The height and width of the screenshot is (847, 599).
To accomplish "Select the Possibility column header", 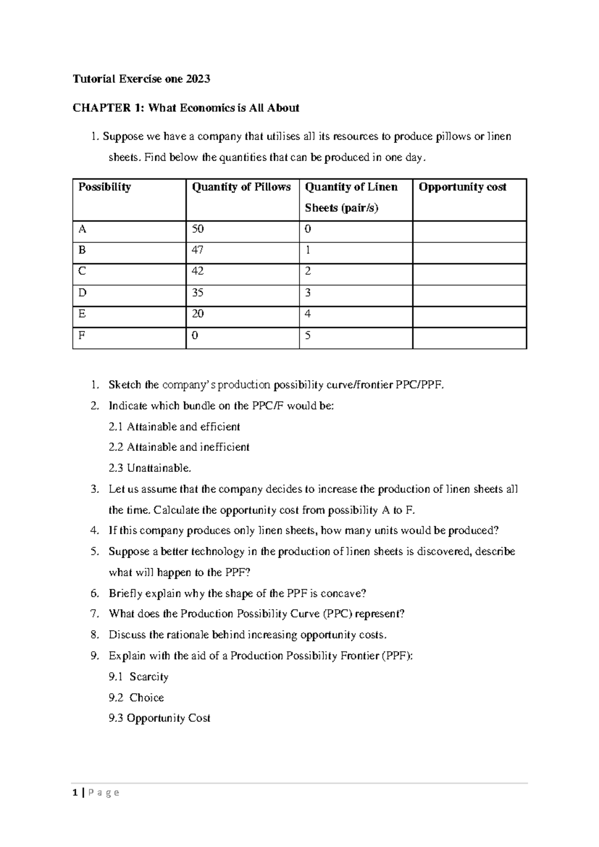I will pos(104,187).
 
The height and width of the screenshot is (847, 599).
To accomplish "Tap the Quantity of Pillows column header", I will pos(241,187).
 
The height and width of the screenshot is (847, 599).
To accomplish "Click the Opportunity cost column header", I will pos(462,187).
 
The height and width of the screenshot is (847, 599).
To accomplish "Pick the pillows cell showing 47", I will pos(198,250).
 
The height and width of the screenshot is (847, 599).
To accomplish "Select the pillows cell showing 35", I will pos(198,293).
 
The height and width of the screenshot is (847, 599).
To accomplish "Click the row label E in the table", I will pos(82,314).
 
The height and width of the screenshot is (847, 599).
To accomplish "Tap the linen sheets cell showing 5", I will pos(308,336).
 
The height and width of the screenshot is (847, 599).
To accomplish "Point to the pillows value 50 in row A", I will pos(198,229).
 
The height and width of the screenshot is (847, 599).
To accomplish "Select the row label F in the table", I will pos(82,336).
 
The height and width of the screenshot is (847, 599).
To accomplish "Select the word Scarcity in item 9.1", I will pos(149,677).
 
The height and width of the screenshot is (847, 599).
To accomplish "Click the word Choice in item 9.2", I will pos(147,698).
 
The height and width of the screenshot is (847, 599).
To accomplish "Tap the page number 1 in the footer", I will pos(75,793).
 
